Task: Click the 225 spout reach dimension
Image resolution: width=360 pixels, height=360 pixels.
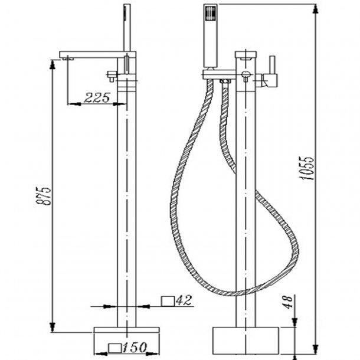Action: pyautogui.click(x=97, y=99)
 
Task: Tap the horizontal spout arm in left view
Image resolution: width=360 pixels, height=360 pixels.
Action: pyautogui.click(x=94, y=54)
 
